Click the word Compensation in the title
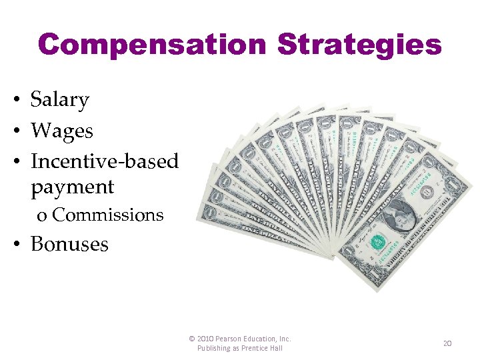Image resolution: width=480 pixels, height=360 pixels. (x=153, y=45)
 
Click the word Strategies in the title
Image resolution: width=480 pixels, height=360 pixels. (x=359, y=45)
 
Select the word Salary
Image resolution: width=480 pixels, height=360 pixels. (x=60, y=100)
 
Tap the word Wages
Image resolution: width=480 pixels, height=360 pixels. (x=62, y=131)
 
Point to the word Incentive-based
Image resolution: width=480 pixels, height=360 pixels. (x=105, y=161)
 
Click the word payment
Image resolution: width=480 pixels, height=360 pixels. (x=73, y=187)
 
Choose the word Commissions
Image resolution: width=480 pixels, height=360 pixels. (x=107, y=215)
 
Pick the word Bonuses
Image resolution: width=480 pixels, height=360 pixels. (x=69, y=244)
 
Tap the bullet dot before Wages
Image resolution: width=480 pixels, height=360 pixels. (x=14, y=131)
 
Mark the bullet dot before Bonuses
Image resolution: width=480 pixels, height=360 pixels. (x=14, y=245)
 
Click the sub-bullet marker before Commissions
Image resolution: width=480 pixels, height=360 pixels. (x=42, y=216)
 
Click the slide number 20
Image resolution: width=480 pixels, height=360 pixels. (x=447, y=343)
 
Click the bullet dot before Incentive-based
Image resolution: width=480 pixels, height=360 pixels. (x=14, y=162)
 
